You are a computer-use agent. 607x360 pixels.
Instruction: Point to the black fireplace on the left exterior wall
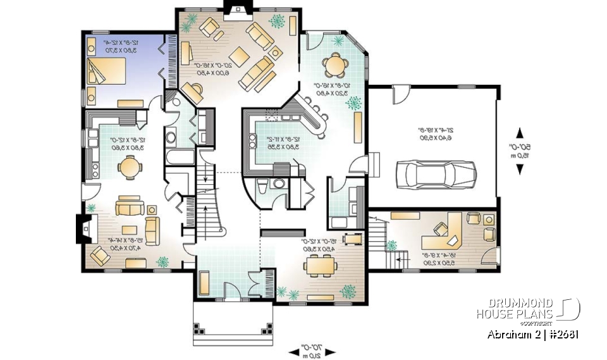tap(82, 229)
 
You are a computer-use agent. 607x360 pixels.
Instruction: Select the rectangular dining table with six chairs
tap(321, 266)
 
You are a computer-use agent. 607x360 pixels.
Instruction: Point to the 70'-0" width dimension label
tap(310, 351)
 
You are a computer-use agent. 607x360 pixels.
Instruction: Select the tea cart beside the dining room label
tap(352, 239)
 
